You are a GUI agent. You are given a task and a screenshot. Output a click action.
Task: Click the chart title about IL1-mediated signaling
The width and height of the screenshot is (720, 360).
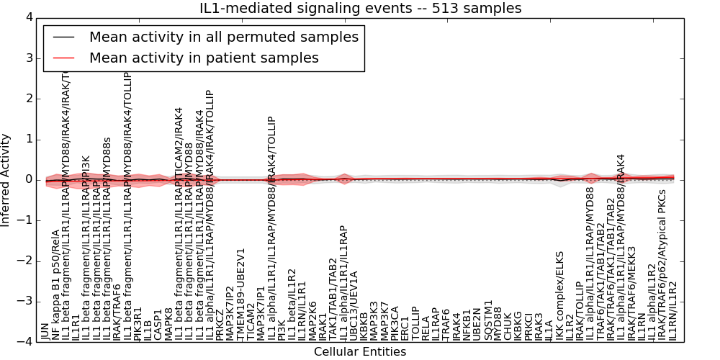click(360, 9)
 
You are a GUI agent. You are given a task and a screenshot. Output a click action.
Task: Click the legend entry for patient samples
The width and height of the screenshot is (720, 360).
click(204, 58)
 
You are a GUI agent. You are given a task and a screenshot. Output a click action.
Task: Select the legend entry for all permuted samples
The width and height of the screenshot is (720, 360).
click(223, 37)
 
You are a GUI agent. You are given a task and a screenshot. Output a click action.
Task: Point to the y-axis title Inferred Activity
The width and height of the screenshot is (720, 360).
click(6, 180)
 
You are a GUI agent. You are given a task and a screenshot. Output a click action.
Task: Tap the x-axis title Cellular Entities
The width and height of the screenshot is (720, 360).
click(360, 352)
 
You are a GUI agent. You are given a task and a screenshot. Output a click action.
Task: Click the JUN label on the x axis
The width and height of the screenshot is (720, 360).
click(45, 331)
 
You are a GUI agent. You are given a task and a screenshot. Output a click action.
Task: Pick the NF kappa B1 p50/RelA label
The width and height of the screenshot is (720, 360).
click(55, 285)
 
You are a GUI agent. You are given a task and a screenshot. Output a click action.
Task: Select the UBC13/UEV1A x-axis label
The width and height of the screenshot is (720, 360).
click(354, 305)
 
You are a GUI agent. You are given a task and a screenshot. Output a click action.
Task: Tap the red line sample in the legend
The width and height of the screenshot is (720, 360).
click(63, 58)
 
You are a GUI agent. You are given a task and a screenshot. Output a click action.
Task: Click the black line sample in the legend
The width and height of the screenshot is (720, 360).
click(63, 37)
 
